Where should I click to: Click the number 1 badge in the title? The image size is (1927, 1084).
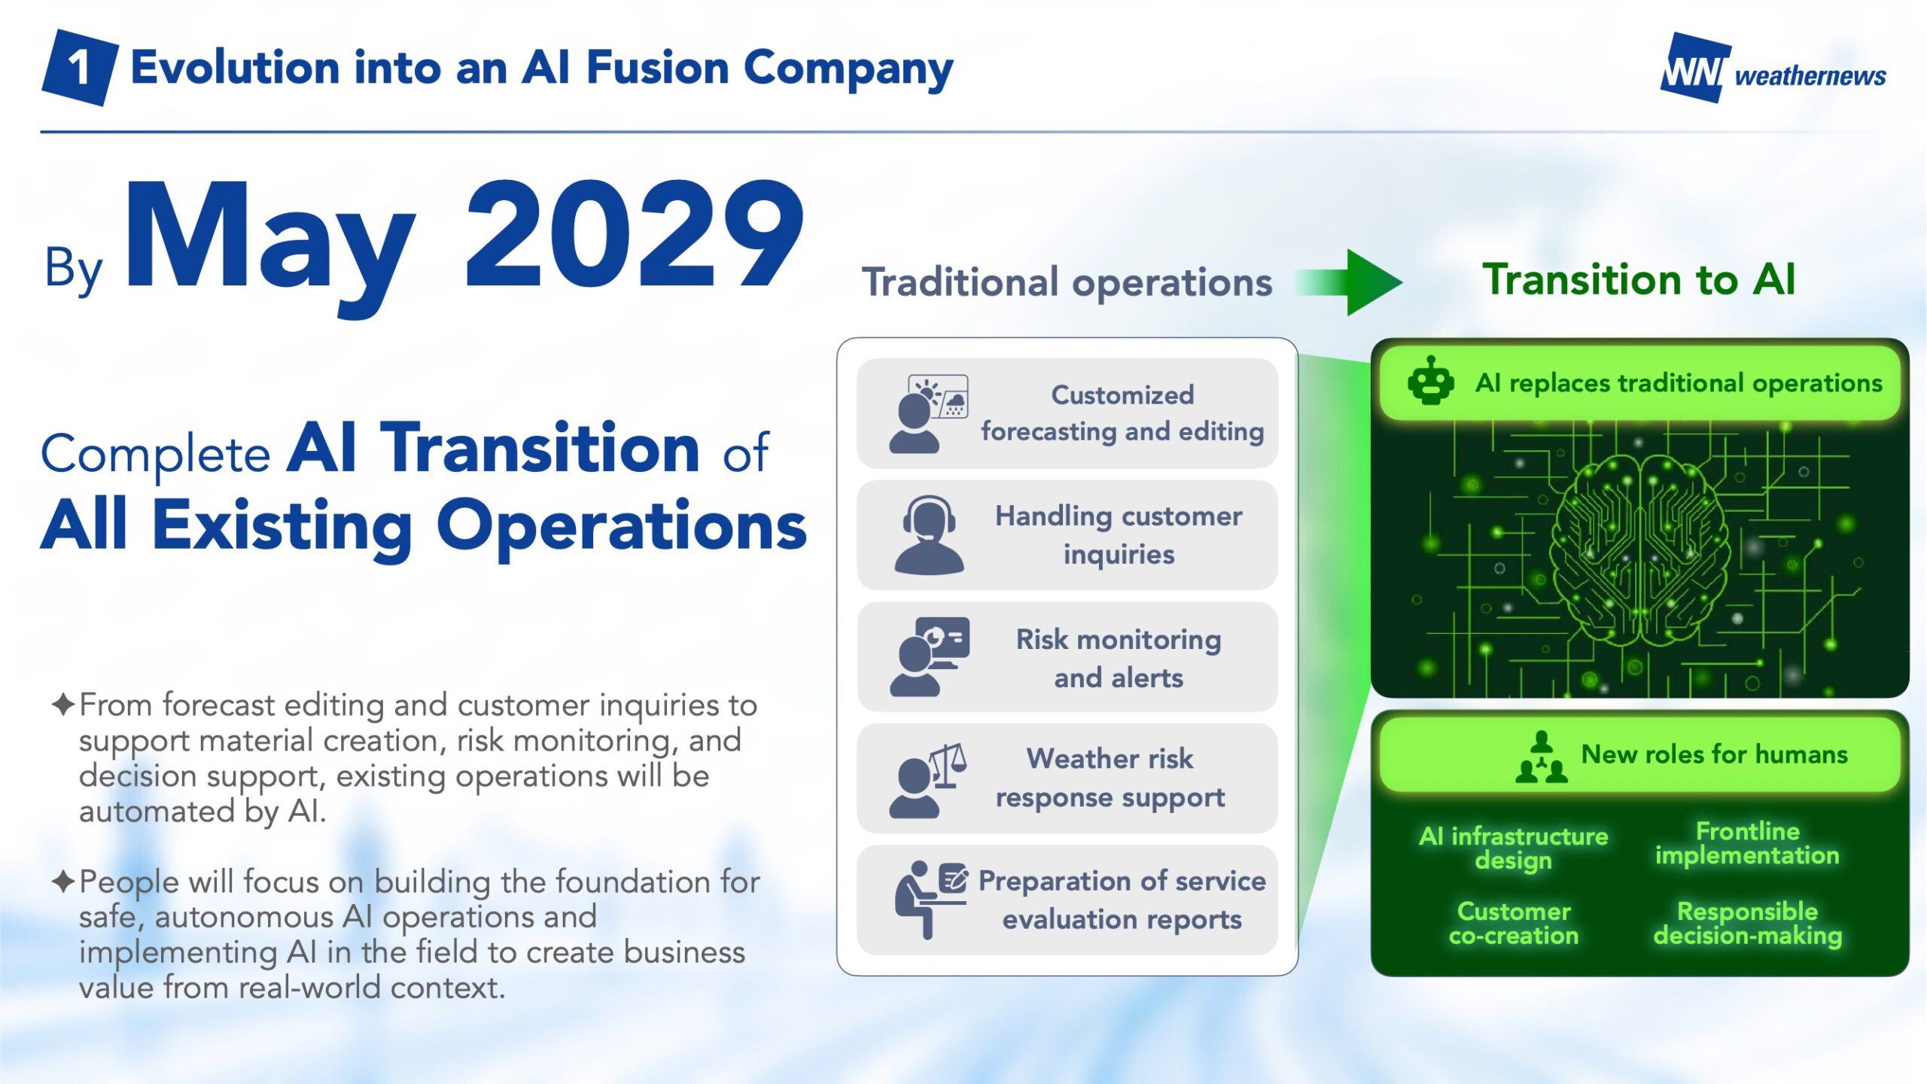(79, 68)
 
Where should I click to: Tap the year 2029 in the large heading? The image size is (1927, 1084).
(635, 235)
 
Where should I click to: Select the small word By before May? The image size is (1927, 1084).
(73, 269)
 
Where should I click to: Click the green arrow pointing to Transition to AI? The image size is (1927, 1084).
(1348, 282)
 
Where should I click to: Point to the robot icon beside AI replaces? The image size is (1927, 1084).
(1430, 381)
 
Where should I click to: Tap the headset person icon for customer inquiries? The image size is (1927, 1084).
(928, 535)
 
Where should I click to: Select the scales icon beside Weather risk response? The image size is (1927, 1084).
(928, 780)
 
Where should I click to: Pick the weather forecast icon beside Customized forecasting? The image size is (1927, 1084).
(928, 414)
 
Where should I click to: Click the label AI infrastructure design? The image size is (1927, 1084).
(1513, 848)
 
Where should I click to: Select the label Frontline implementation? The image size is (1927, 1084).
(1747, 843)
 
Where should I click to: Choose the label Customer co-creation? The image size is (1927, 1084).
(1514, 924)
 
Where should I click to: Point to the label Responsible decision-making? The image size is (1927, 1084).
(1747, 924)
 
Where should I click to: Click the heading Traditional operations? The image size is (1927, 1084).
(1067, 283)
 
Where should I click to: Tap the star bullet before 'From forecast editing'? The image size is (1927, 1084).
(63, 705)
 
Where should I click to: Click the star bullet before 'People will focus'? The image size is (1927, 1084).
(63, 881)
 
